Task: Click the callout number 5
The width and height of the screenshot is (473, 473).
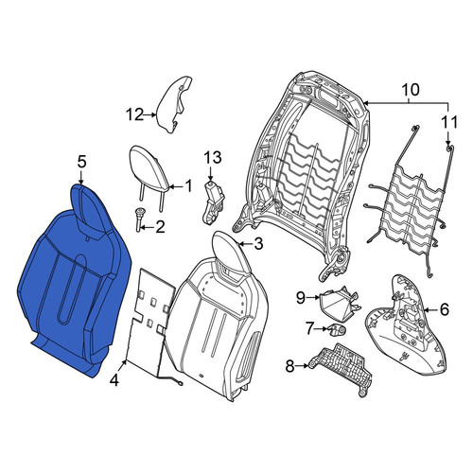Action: tap(81, 163)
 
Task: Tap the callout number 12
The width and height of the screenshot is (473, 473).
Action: tap(135, 114)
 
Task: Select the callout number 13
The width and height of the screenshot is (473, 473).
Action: tap(213, 157)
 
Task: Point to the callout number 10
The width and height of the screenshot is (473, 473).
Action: tap(411, 90)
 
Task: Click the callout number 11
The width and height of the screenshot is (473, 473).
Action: tap(449, 122)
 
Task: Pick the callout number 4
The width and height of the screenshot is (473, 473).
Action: tap(114, 381)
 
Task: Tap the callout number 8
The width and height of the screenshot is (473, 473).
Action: tap(289, 366)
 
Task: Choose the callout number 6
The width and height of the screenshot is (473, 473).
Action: tap(444, 310)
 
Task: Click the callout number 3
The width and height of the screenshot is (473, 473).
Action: tap(258, 244)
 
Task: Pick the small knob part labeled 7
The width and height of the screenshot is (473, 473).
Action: tap(338, 330)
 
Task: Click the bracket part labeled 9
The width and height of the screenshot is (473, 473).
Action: tap(339, 302)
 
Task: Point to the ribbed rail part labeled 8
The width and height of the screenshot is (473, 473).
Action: tap(341, 367)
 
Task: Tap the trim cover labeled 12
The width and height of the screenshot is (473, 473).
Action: tap(174, 104)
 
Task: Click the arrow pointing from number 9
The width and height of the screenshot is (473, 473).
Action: tap(313, 297)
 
